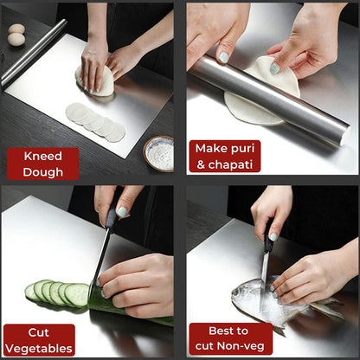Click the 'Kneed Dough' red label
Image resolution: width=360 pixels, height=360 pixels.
43,163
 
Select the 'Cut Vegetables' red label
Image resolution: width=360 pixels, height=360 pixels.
38,339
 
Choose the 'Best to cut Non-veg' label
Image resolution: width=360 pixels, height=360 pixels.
230,339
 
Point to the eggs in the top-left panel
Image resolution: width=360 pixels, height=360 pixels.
16,35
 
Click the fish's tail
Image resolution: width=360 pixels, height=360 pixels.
329,308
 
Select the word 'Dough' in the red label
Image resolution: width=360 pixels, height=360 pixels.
43,170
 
